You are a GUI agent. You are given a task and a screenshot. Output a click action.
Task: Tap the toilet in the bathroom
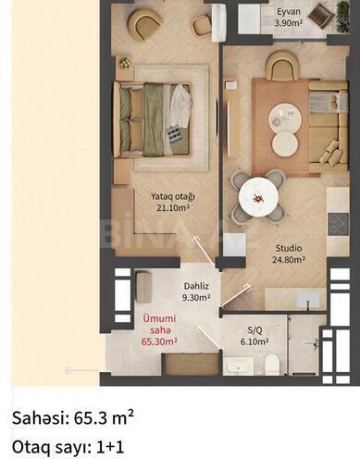click(x=272, y=363)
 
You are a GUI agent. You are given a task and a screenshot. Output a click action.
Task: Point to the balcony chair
click(x=320, y=14)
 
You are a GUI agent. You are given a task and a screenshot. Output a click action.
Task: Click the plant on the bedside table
click(x=125, y=64)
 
